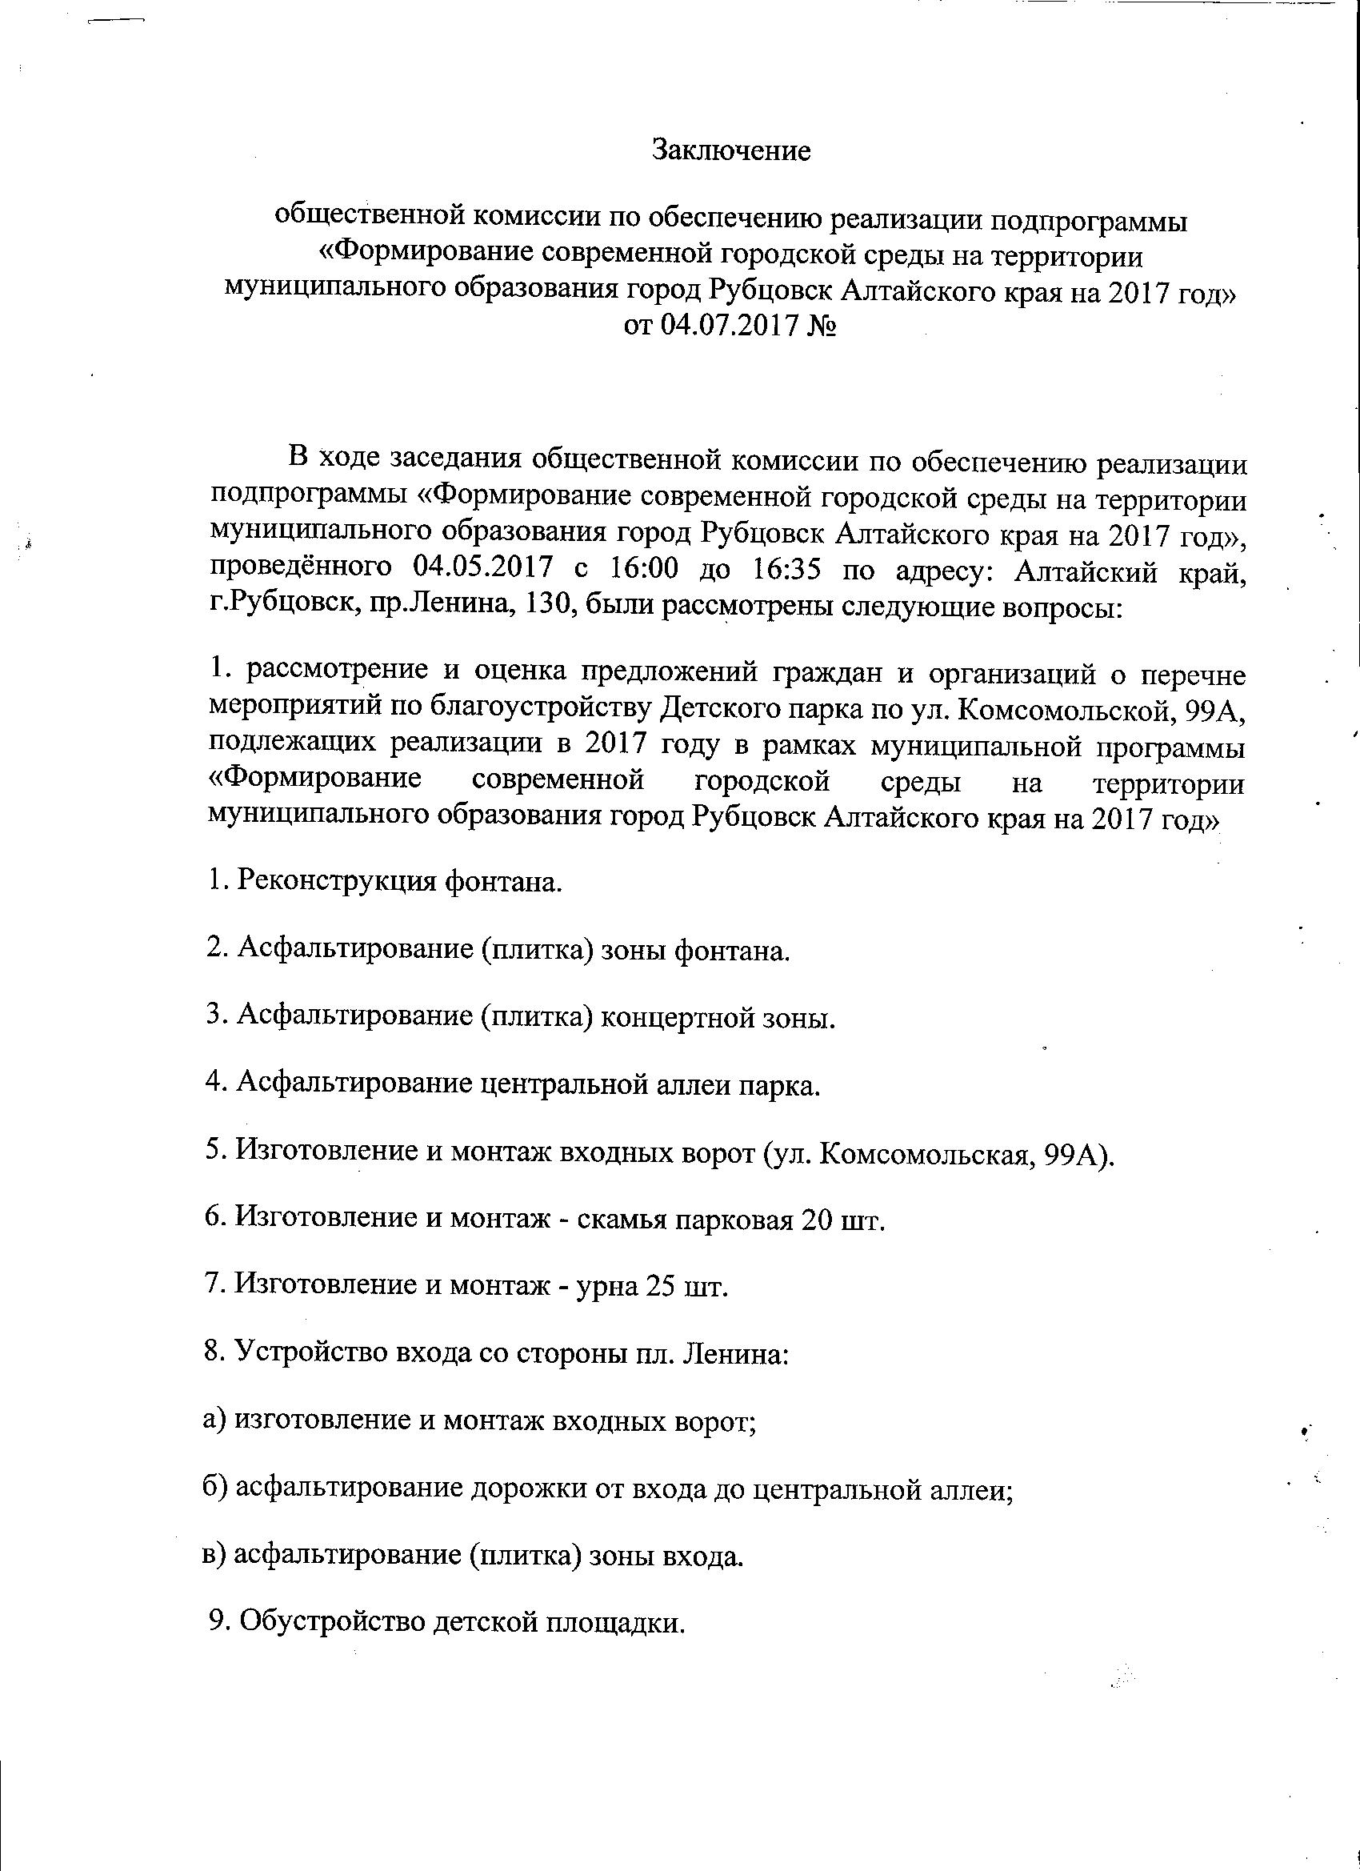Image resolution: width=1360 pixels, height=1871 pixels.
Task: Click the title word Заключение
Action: coord(731,151)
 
